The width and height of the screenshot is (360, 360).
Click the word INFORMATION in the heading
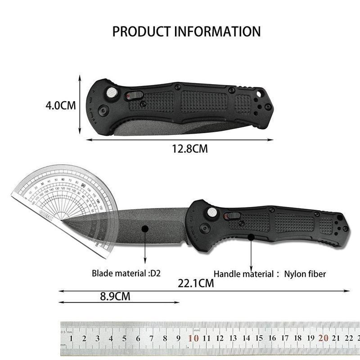point(216,32)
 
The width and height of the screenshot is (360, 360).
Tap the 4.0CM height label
point(60,106)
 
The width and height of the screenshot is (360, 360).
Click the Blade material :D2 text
point(123,273)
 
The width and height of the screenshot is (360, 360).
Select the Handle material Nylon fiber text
point(270,273)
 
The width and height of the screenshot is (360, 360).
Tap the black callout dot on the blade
point(145,229)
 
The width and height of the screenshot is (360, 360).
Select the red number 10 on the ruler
point(194,339)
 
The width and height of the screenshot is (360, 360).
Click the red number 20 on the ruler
point(323,339)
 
